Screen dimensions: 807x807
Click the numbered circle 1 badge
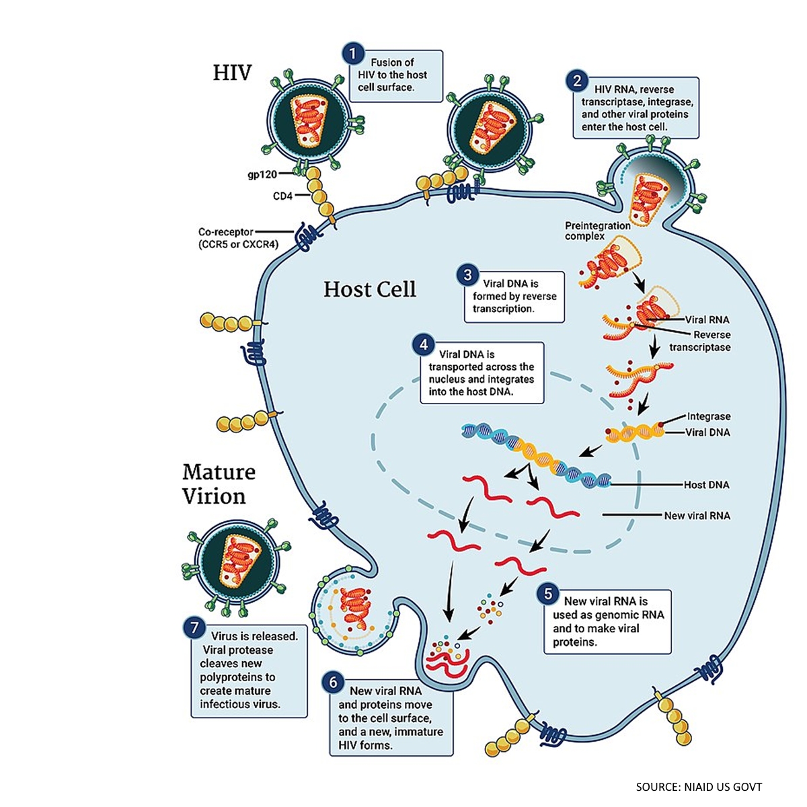[352, 54]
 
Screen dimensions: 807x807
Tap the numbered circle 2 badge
[577, 81]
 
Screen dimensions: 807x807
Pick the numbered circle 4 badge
[424, 346]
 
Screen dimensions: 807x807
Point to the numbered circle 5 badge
[548, 594]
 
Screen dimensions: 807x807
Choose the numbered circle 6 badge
[333, 683]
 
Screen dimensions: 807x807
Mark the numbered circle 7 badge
[194, 628]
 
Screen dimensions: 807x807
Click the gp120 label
[263, 174]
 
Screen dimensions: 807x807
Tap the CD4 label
[284, 196]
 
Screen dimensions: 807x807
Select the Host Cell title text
[370, 289]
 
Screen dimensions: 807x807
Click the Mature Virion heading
[219, 484]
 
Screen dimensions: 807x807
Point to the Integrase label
[708, 417]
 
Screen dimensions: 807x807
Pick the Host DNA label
[706, 485]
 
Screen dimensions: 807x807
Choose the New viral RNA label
[697, 516]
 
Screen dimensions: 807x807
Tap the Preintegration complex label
[597, 231]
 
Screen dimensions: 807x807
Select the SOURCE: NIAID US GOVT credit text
[699, 787]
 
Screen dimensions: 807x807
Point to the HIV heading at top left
[232, 73]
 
